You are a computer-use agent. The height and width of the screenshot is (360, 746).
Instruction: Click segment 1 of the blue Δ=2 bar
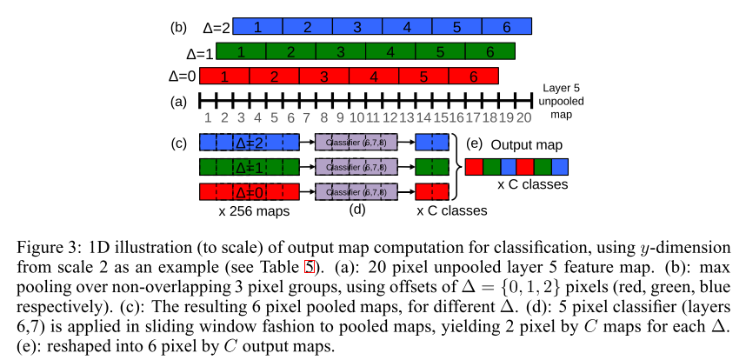[x=257, y=27]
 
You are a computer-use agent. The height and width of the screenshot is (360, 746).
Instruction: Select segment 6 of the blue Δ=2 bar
[x=507, y=27]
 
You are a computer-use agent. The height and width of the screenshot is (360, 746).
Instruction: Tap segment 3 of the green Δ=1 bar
[x=340, y=52]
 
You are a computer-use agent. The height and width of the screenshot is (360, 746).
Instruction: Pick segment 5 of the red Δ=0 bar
[x=423, y=77]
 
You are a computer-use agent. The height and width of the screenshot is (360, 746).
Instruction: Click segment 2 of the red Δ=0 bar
[x=274, y=77]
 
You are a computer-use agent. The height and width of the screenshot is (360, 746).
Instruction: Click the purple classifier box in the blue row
[x=356, y=142]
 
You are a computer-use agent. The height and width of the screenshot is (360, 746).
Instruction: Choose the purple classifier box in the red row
[x=356, y=191]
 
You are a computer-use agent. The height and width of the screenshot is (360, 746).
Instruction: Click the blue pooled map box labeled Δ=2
[x=249, y=142]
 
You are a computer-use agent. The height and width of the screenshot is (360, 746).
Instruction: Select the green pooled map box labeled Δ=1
[x=249, y=167]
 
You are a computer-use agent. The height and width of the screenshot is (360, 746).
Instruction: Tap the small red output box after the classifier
[x=432, y=191]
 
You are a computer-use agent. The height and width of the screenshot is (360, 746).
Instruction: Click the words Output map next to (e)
[x=527, y=144]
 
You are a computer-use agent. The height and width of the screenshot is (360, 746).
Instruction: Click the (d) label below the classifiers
[x=356, y=210]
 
